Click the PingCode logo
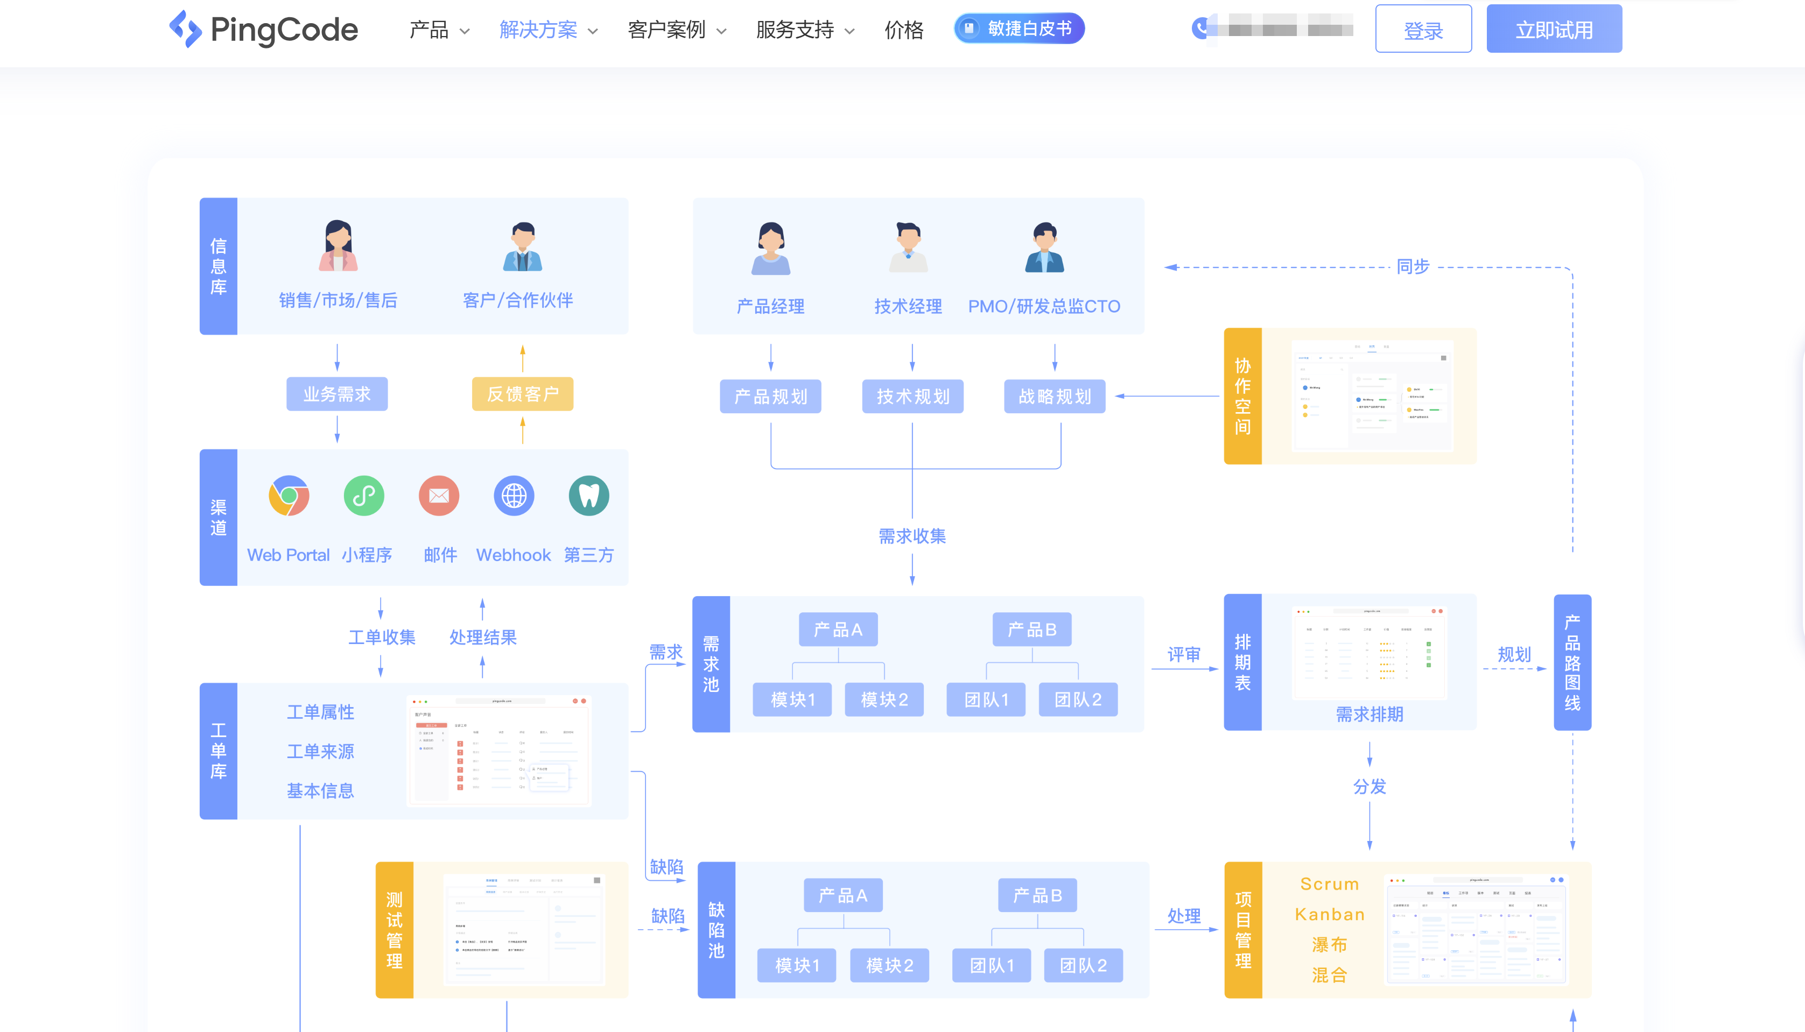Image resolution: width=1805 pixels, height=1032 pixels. coord(264,29)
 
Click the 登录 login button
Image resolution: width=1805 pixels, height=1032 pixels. coord(1423,29)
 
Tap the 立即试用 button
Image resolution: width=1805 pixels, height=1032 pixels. coord(1553,29)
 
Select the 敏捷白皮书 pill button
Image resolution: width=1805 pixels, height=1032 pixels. coord(1019,29)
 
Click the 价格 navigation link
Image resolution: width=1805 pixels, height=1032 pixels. coord(904,30)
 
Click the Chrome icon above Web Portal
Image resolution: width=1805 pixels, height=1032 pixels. coord(289,496)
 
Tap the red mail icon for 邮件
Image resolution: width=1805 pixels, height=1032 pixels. coord(439,496)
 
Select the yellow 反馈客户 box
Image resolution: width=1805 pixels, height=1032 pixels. coord(523,394)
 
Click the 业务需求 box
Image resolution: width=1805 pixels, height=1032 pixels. coord(337,394)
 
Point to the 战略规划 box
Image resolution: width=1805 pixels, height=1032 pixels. coord(1054,396)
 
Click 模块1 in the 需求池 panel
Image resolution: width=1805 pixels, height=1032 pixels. coord(792,699)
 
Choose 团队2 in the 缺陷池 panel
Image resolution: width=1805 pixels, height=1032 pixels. coord(1083,965)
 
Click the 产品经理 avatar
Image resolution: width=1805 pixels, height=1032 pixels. coord(771,248)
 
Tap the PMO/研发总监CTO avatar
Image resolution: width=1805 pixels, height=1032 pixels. coord(1044,248)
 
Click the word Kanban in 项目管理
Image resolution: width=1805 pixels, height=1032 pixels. coord(1329,914)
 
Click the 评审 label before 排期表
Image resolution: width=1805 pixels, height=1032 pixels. coord(1183,654)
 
